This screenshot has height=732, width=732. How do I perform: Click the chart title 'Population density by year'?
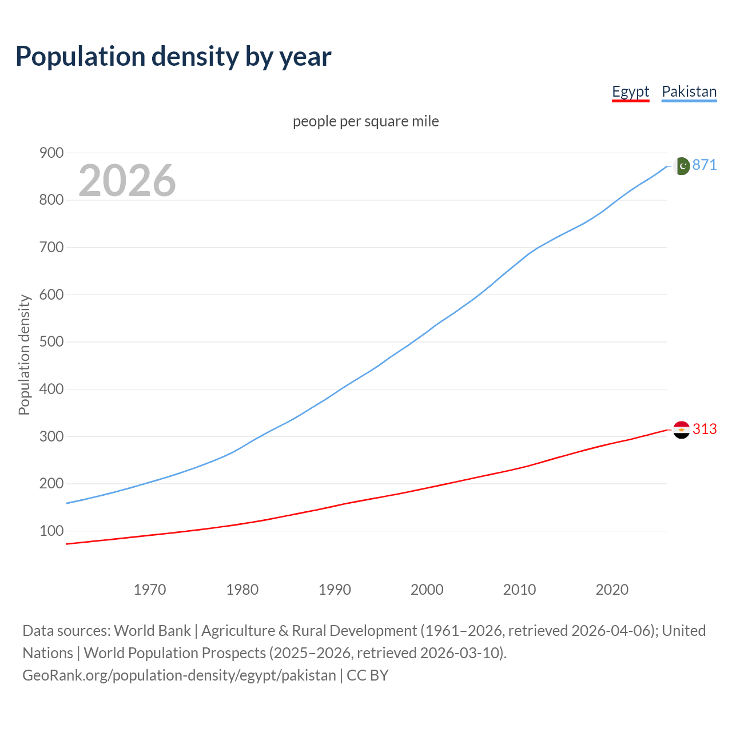coord(173,56)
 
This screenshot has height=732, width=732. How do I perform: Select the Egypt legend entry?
coord(630,91)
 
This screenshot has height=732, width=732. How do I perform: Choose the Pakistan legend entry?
coord(689,91)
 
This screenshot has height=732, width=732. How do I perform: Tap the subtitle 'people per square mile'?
coord(365,121)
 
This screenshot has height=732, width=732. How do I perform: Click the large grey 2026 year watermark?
coord(127,180)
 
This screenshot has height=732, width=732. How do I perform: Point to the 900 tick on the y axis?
coord(51,153)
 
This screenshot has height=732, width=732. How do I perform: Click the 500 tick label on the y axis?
coord(51,342)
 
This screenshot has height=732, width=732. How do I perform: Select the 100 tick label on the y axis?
coord(51,531)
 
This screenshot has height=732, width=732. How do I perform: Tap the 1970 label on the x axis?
coord(150,589)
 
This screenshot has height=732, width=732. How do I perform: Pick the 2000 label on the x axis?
coord(427,589)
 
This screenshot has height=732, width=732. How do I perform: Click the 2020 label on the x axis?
coord(612,589)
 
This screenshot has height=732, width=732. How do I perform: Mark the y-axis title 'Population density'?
coord(24,355)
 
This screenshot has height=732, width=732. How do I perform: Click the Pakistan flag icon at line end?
coord(681,166)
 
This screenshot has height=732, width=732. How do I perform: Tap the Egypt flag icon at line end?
coord(681,429)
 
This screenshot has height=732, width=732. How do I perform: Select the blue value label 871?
coord(705,165)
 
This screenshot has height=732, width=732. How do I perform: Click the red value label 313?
coord(705,429)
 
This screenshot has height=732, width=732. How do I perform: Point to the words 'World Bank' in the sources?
coord(152,630)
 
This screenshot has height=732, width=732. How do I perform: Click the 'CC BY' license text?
coord(368,675)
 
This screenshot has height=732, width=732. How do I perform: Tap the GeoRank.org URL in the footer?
coord(179,675)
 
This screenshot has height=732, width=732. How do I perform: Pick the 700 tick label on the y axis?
coord(51,247)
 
